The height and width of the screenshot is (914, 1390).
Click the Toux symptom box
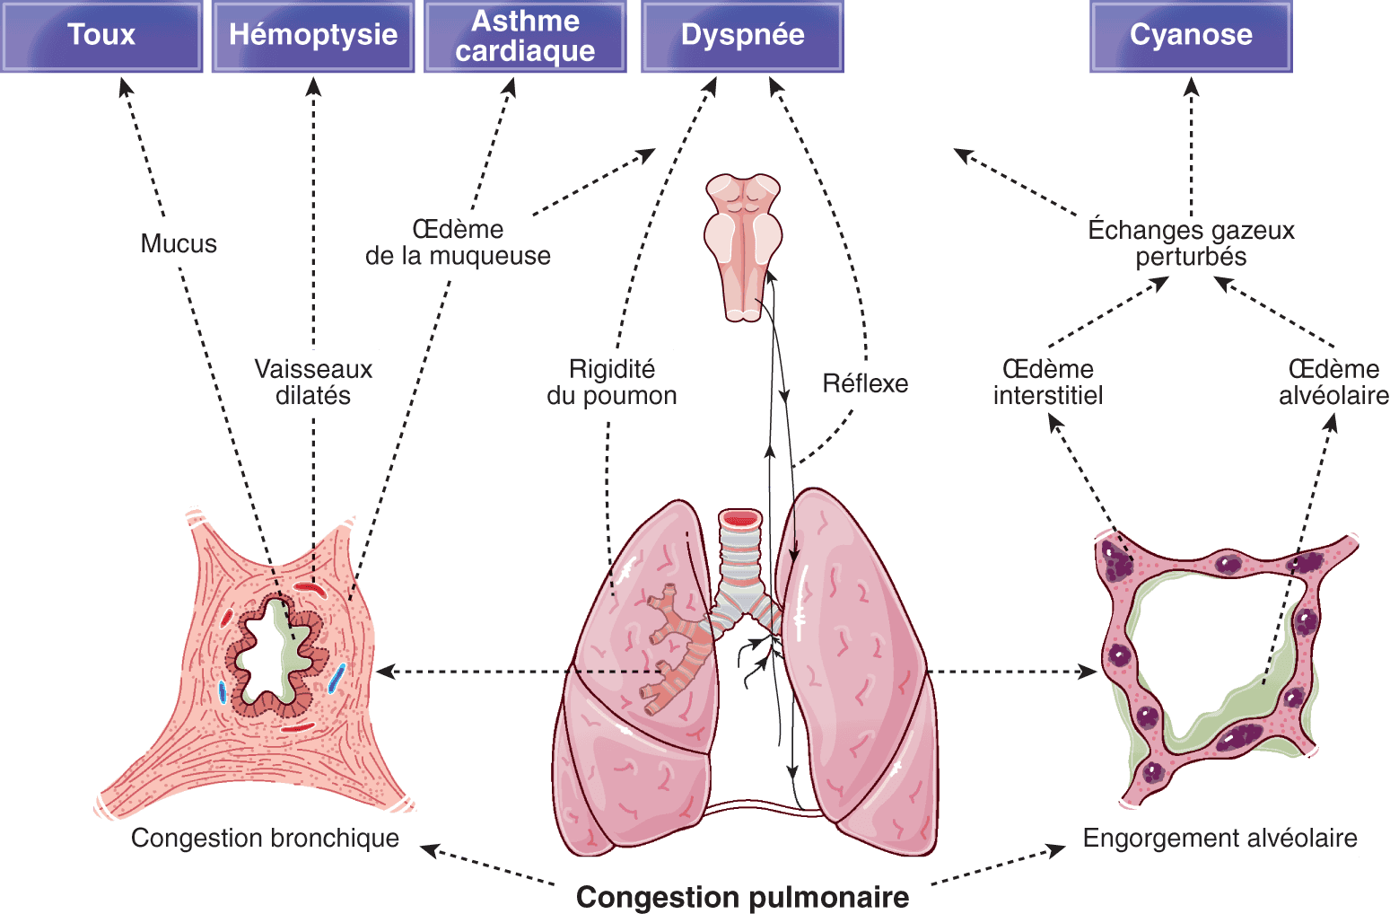coord(101,36)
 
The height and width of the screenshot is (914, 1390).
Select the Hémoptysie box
coord(312,36)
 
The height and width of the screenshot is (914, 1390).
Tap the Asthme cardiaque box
coord(525,36)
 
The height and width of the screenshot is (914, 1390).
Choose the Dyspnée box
coord(742,36)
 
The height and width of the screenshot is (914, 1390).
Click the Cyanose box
coord(1190,36)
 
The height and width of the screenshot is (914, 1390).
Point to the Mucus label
coord(178,244)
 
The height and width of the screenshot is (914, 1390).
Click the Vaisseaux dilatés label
coord(313,382)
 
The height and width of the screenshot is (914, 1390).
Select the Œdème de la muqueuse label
coord(457,242)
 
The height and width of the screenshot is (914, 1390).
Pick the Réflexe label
coord(866,383)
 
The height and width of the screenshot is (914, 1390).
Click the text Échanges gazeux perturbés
coord(1191,243)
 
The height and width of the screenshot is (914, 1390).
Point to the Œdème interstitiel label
coord(1047,382)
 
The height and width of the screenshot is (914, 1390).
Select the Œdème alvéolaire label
coord(1333,382)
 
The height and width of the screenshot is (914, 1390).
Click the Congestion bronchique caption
coord(265,838)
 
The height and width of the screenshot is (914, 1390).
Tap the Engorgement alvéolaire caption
coord(1220,838)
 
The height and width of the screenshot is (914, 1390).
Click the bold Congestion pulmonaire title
coord(742,896)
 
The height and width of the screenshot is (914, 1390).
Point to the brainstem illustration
coord(742,242)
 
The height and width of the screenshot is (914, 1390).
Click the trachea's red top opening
coord(740,519)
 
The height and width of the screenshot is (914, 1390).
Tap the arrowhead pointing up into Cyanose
coord(1191,86)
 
